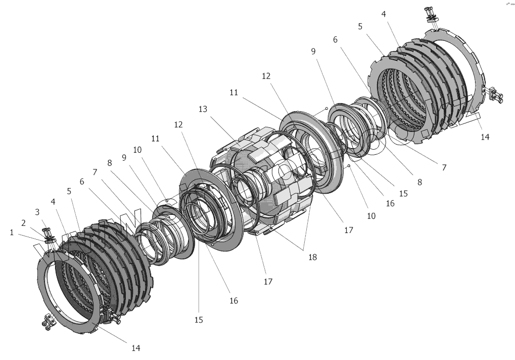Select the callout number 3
tap(36, 211)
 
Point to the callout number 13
tap(204, 109)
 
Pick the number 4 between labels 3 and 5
tap(54, 201)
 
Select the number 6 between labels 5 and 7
tap(81, 181)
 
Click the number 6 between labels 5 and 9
tap(335, 39)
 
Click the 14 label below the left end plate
tap(135, 348)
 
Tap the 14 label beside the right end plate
tap(485, 136)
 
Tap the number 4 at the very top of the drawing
tap(384, 14)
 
